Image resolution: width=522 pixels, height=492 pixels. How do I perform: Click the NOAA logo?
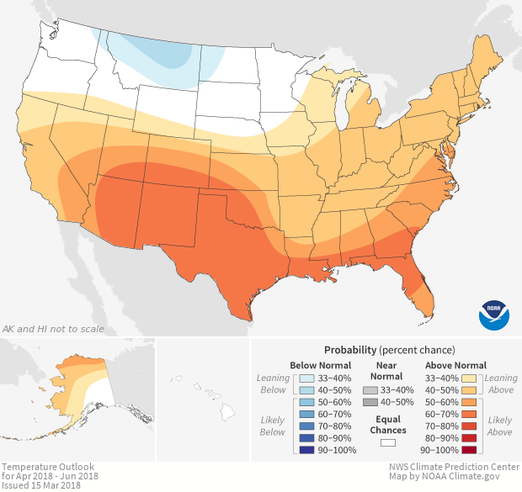(494, 313)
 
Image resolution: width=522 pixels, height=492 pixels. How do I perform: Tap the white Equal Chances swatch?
(388, 441)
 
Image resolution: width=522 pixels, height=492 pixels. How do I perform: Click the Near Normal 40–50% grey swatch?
(370, 404)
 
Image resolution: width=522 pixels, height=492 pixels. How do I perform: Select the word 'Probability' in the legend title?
(350, 349)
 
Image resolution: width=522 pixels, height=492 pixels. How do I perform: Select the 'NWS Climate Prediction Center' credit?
(455, 467)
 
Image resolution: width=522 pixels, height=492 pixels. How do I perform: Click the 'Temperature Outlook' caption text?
(47, 467)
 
